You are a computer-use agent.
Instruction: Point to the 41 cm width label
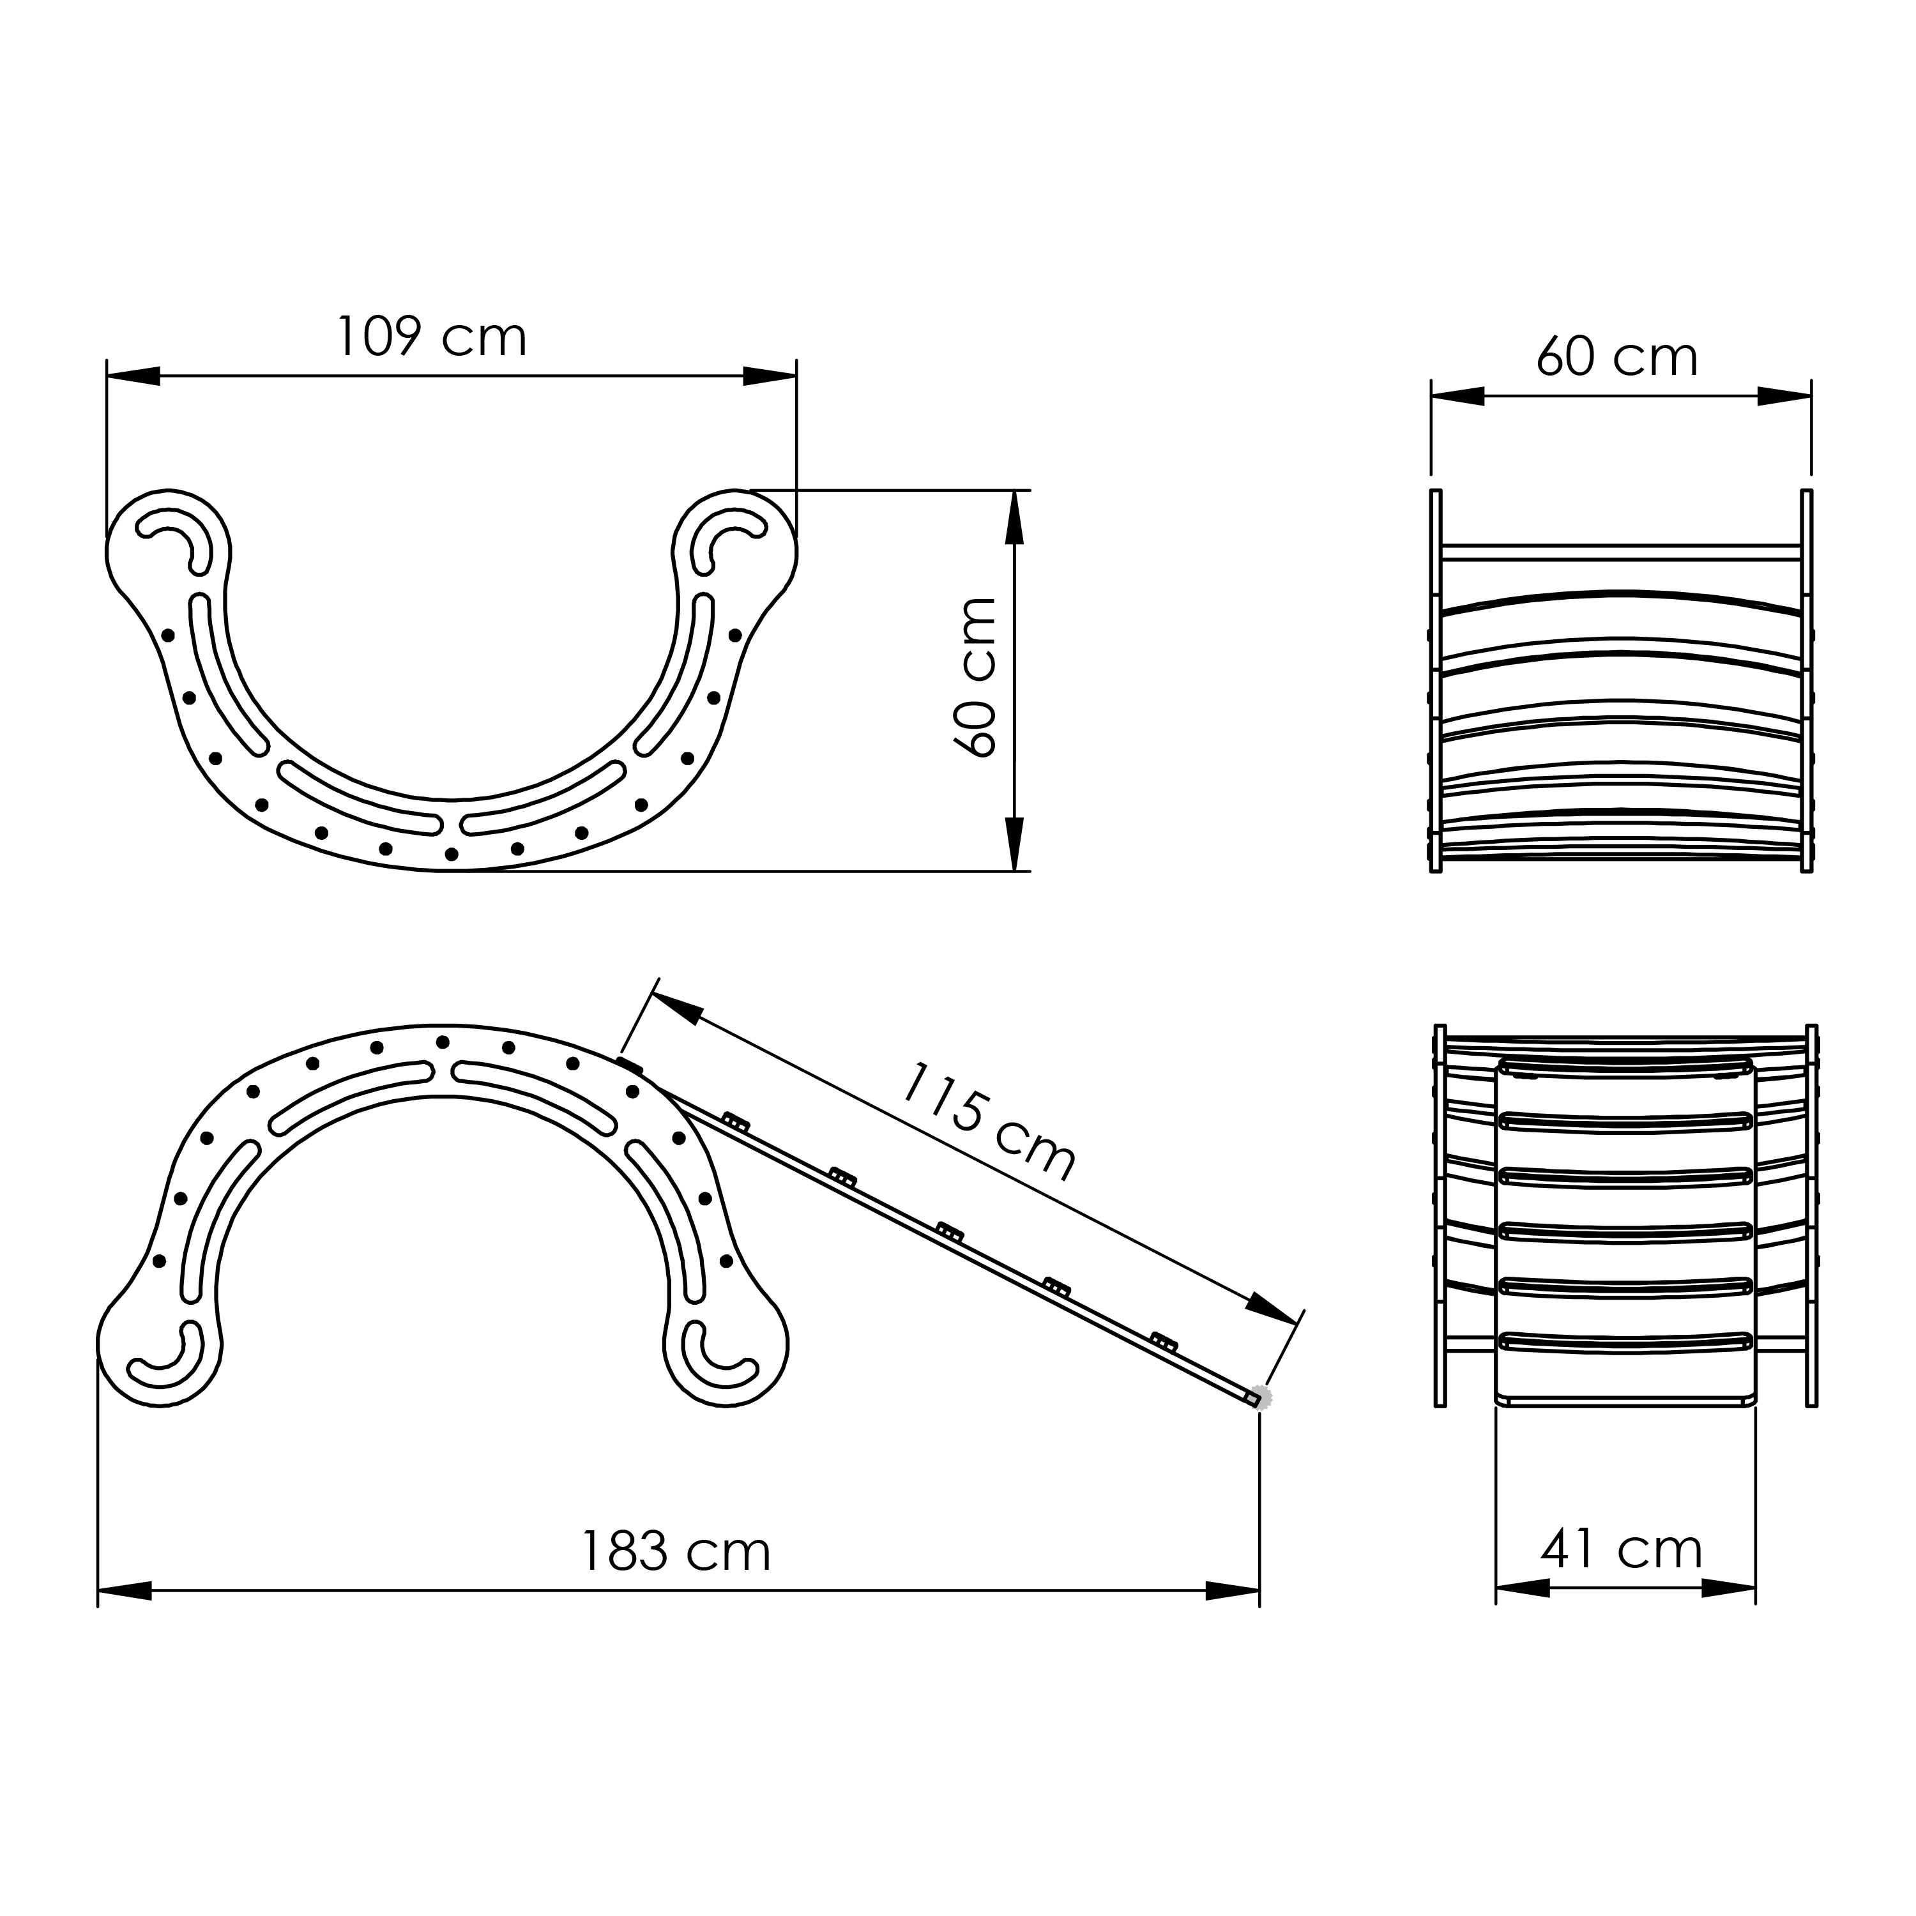(x=1622, y=1547)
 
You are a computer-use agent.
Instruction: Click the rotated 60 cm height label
(x=975, y=678)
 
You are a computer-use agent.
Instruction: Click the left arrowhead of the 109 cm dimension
(x=133, y=376)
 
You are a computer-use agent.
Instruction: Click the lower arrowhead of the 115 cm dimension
(x=1272, y=1308)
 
